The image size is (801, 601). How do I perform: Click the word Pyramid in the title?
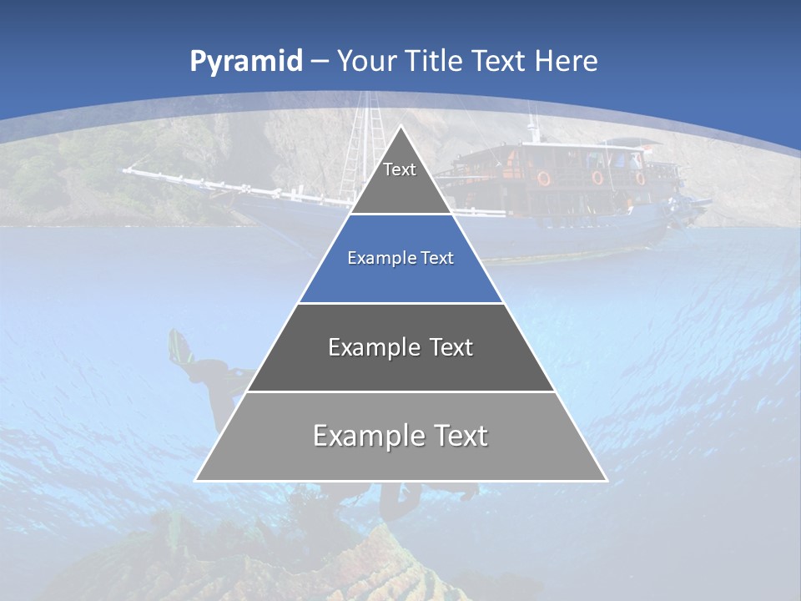click(x=246, y=62)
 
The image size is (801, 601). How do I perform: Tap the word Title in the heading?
click(x=434, y=61)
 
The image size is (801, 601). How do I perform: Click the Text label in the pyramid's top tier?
click(x=400, y=169)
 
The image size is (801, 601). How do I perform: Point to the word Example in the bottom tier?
click(x=368, y=436)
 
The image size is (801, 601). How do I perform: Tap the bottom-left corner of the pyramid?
click(x=195, y=480)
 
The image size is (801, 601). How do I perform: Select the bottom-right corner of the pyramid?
click(x=607, y=480)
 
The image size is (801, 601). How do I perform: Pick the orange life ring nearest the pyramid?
click(x=543, y=178)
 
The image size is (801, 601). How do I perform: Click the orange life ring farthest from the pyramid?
click(x=640, y=177)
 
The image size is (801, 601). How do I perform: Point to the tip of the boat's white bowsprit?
click(x=125, y=171)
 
